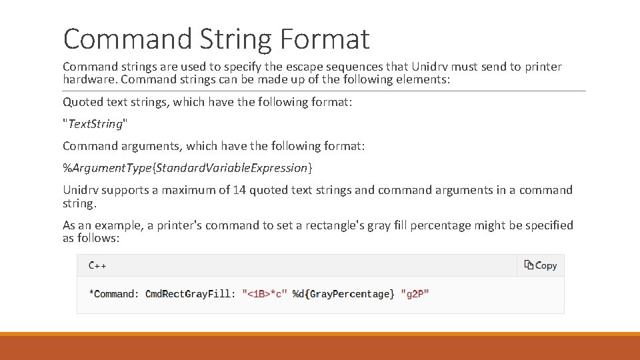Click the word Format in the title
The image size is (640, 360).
click(x=324, y=39)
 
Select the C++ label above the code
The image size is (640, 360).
click(x=97, y=265)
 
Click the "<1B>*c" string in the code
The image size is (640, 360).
click(x=265, y=293)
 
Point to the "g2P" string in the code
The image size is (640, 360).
click(x=415, y=293)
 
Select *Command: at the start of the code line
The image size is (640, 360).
click(x=114, y=293)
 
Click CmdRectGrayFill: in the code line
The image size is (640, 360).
click(x=190, y=293)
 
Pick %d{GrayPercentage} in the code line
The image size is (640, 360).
click(x=343, y=293)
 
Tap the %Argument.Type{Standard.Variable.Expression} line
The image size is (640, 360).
click(x=187, y=167)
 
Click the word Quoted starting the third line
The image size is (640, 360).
click(x=83, y=102)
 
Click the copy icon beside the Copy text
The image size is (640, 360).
click(x=529, y=265)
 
